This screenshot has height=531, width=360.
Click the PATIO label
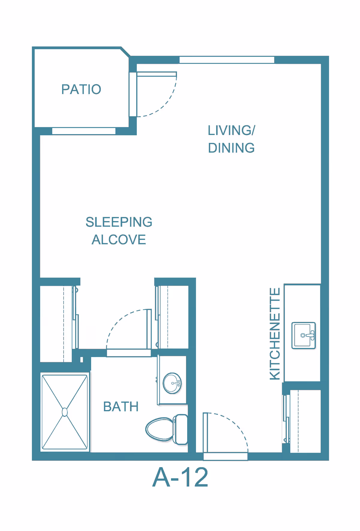pos(81,89)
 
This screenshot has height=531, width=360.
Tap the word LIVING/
pos(231,130)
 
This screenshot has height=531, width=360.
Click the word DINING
pos(231,148)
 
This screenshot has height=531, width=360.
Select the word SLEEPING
pos(119,222)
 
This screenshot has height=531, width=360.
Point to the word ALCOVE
pos(119,240)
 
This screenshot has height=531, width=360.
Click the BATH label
pos(121,407)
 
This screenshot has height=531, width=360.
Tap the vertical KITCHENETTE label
pos(275,334)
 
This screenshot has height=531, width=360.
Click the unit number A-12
pos(180,477)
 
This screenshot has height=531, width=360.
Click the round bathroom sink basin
pos(172,383)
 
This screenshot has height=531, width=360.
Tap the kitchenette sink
pos(303,335)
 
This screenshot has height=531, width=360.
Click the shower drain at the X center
pos(64,412)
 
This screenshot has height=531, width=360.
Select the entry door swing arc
pos(237,426)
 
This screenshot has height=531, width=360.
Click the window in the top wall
pos(227,60)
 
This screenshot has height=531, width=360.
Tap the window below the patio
pos(84,131)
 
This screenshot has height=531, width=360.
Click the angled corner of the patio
pos(125,52)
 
